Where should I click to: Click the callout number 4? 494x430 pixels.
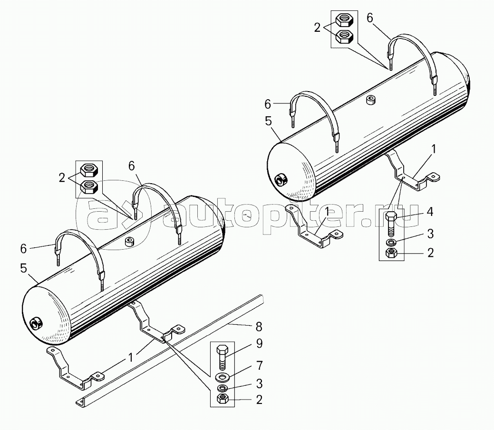[x=430, y=212]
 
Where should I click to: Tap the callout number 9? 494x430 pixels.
[x=259, y=343]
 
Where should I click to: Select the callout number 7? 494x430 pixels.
[x=259, y=365]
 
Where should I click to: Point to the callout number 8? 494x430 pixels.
[x=259, y=327]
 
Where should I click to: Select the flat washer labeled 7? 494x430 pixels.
[x=222, y=377]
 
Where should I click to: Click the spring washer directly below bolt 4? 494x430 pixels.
[x=391, y=243]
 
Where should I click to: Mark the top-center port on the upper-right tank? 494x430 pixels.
[x=371, y=100]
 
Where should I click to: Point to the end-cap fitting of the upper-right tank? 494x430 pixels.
[x=281, y=179]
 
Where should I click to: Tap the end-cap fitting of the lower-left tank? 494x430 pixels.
[x=36, y=324]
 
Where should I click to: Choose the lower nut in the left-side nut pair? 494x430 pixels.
[x=88, y=186]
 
